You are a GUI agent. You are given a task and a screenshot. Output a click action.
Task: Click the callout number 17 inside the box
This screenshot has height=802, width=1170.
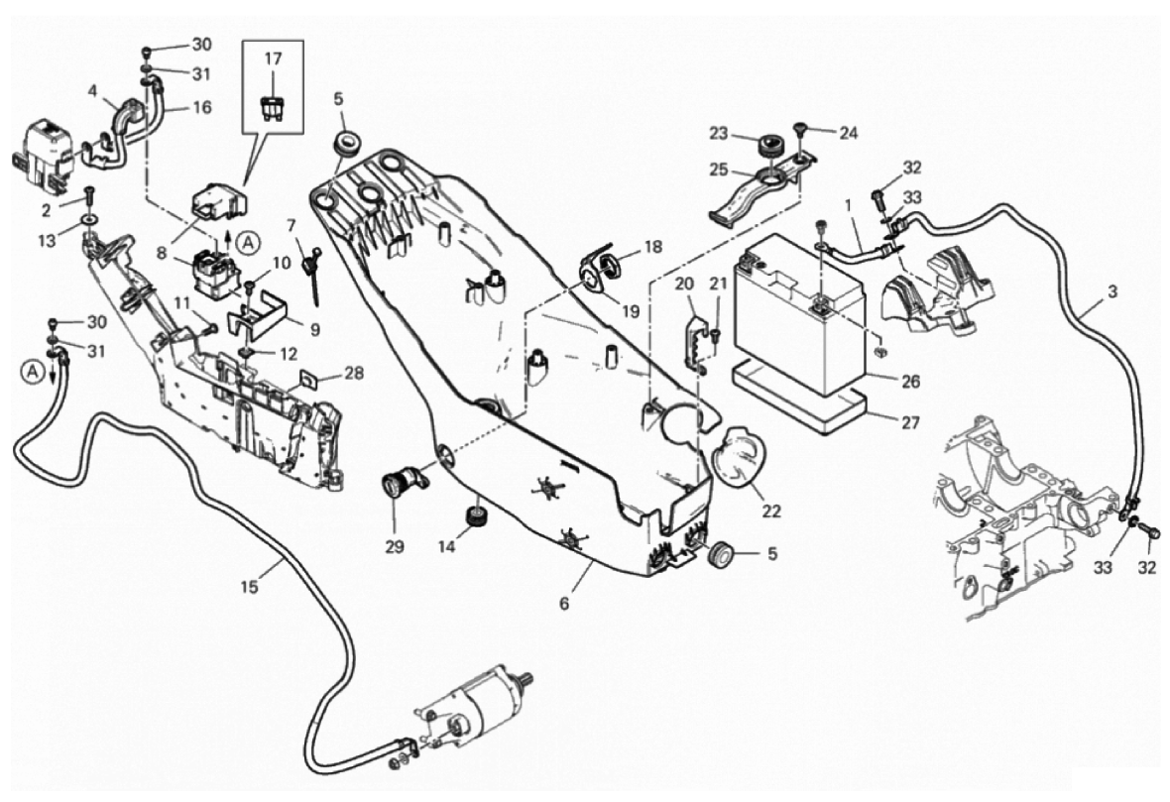274,59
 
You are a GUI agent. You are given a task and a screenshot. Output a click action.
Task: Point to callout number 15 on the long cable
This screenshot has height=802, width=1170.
249,587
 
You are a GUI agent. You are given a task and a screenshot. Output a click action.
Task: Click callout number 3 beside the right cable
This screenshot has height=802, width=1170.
1112,293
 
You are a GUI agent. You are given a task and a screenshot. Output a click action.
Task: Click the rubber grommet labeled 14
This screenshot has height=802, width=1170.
478,516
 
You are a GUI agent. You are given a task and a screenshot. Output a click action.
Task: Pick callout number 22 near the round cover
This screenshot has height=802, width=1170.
771,512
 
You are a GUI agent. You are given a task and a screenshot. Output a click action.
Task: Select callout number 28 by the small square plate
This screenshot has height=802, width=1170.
354,374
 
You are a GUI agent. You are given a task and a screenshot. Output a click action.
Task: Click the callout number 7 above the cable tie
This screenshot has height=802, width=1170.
292,226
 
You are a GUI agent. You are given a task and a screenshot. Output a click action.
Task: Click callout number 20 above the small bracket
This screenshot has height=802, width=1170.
684,285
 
